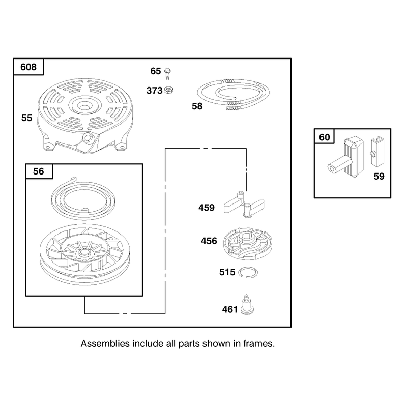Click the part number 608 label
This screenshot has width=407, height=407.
coord(28,67)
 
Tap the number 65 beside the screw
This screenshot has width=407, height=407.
coord(156,71)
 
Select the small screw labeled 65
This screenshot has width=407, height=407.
coord(168,74)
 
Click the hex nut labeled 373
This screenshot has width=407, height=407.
coord(169,90)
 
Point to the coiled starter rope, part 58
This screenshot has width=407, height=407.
coord(233,94)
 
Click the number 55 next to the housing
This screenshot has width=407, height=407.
coord(27,118)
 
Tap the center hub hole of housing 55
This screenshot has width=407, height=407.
coord(84,106)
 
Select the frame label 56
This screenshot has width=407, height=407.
coord(39,171)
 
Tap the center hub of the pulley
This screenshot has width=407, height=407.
coord(84,252)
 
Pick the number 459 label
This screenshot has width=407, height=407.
coord(207,208)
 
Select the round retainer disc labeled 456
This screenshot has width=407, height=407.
coord(248,244)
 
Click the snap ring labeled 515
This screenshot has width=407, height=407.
coord(248,272)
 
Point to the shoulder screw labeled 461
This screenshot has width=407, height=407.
coord(247,304)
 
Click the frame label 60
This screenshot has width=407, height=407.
coord(325,137)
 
